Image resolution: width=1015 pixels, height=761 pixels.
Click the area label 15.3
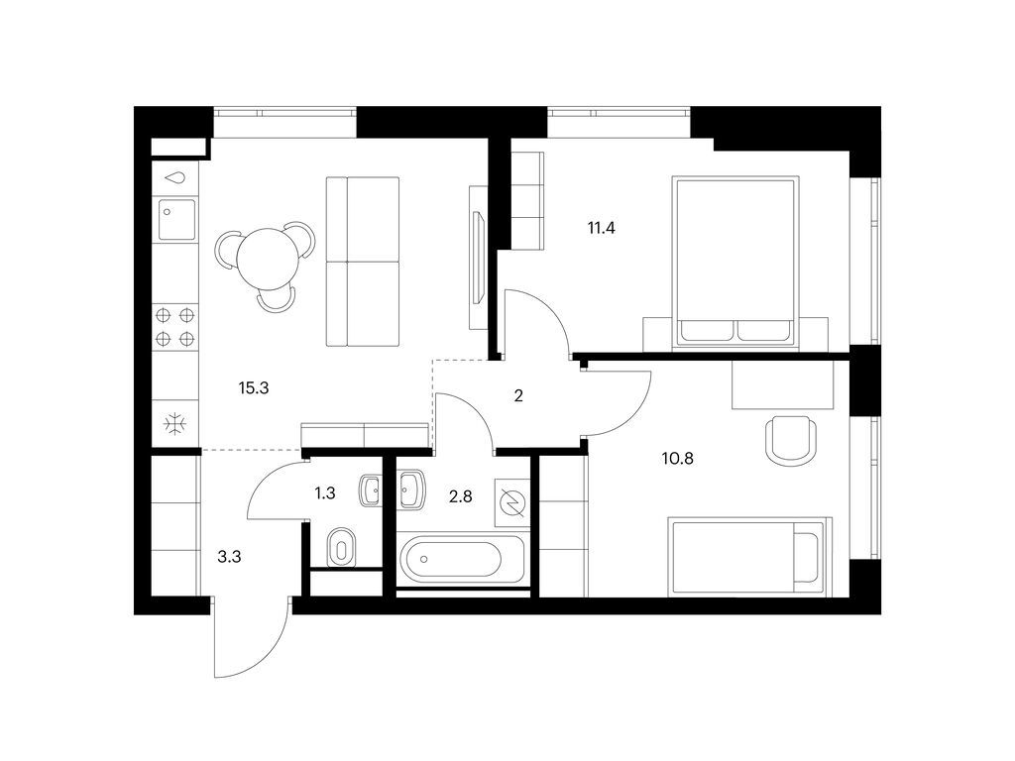click(255, 388)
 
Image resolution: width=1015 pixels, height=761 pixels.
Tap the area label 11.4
click(602, 228)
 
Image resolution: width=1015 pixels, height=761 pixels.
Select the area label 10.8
click(679, 458)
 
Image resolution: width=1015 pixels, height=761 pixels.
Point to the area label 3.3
click(229, 557)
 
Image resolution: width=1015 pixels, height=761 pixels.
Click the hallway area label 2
click(517, 395)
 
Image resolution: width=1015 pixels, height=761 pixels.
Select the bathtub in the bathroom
click(459, 561)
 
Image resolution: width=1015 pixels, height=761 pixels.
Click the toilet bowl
click(340, 547)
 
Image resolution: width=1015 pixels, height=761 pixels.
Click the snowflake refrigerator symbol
click(175, 425)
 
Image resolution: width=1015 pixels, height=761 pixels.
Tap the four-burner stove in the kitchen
click(175, 328)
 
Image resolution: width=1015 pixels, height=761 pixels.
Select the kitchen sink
click(176, 220)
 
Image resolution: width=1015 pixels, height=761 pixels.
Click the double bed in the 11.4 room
click(734, 262)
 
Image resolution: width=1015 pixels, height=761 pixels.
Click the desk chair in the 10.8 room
click(791, 439)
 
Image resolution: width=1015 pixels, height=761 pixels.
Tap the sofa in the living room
click(363, 262)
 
